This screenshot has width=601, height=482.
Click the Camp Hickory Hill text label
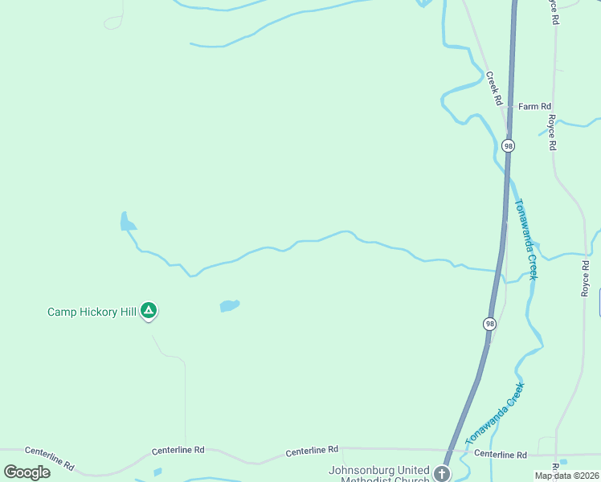tap(92, 312)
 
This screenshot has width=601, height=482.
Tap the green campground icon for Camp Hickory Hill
tap(148, 310)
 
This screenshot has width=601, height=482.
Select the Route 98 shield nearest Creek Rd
tap(508, 145)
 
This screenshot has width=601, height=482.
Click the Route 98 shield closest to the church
tap(489, 324)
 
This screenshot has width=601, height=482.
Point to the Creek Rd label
tap(493, 89)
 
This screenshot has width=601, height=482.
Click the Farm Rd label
tap(534, 106)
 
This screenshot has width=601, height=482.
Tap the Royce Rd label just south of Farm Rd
tap(552, 133)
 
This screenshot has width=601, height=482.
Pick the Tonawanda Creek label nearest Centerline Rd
tap(495, 414)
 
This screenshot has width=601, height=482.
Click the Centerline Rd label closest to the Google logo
tap(49, 459)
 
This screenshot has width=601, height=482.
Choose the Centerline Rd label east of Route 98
tap(500, 454)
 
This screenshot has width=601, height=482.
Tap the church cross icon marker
tap(442, 472)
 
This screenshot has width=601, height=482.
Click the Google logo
tap(27, 472)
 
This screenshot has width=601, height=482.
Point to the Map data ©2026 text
tap(566, 476)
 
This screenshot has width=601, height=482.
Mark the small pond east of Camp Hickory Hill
tap(230, 305)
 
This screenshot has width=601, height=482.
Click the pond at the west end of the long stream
tap(126, 223)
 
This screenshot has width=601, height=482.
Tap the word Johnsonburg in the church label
tap(359, 470)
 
